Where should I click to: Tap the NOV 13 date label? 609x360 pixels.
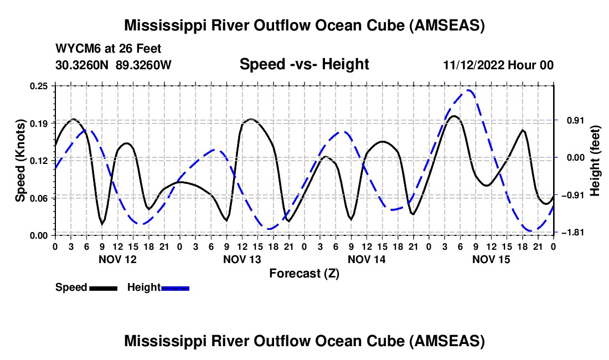point(242,259)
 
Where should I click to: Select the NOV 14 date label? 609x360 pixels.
point(367,259)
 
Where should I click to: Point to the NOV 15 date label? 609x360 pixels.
point(491,259)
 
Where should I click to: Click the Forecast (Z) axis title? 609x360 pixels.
point(304,273)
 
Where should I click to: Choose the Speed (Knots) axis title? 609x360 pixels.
point(20,161)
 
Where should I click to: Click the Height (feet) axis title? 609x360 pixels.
point(596,159)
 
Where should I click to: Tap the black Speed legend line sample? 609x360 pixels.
point(102,287)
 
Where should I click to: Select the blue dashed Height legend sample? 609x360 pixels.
point(175,287)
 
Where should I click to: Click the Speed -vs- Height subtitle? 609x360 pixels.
point(304,64)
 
